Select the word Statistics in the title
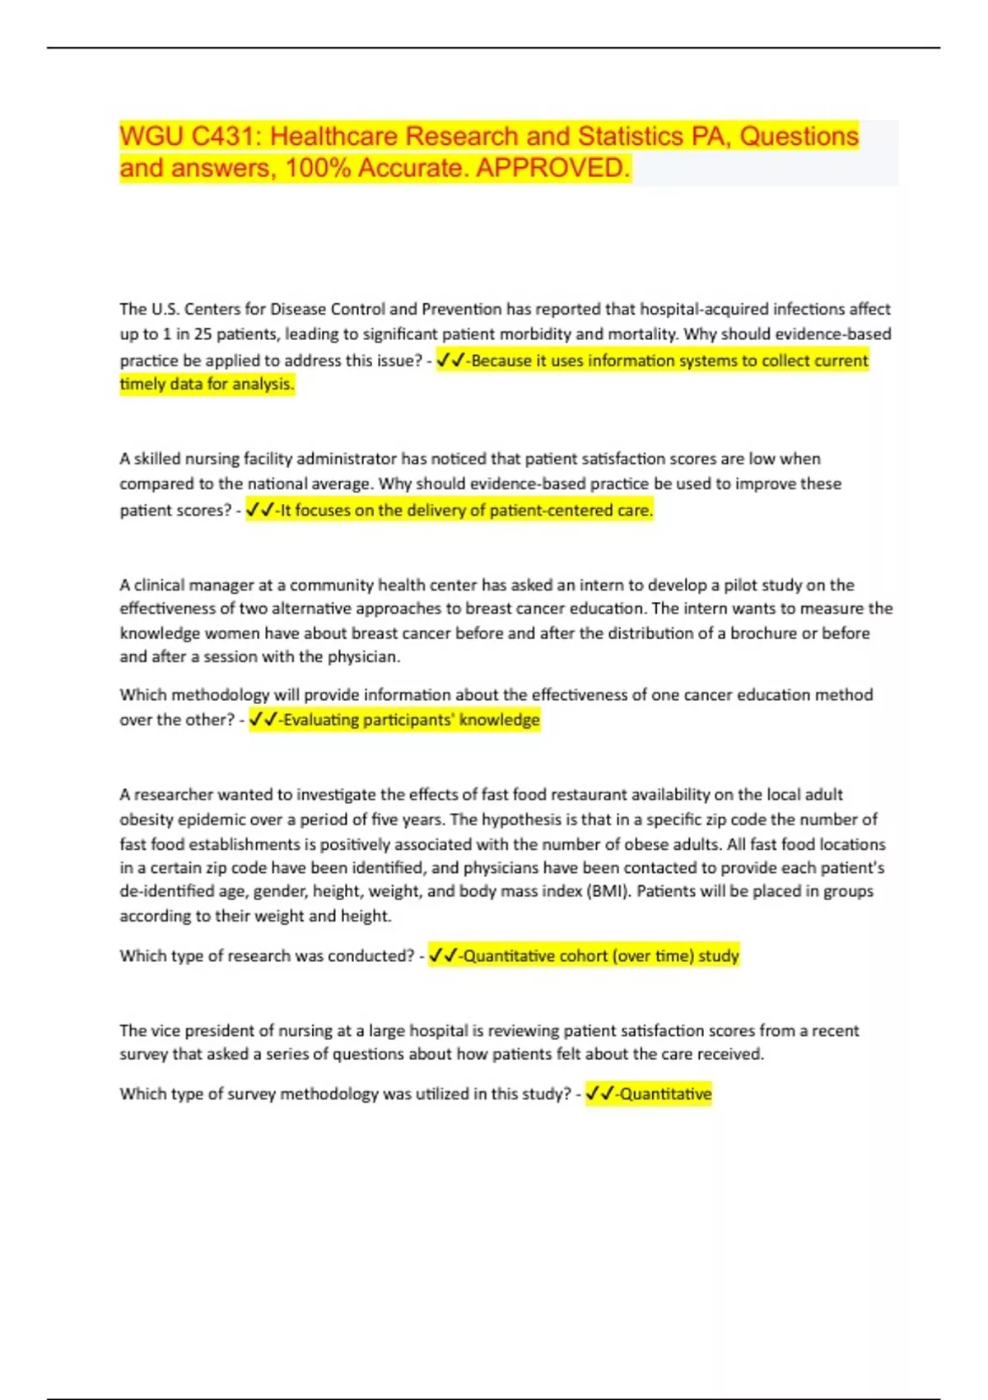point(631,136)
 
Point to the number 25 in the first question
point(203,334)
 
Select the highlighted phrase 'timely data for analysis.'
point(207,385)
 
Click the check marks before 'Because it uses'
point(450,360)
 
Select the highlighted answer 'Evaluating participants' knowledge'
point(411,720)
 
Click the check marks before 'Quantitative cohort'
point(443,956)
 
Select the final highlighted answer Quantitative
point(665,1094)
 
